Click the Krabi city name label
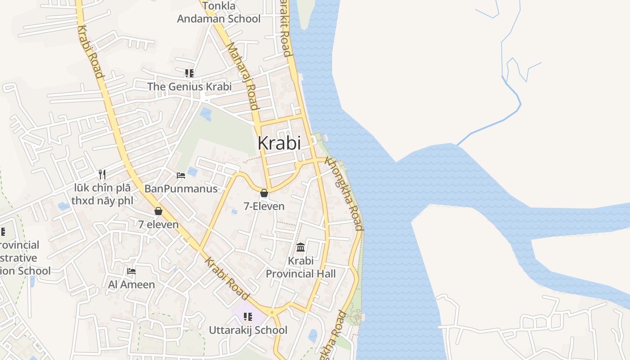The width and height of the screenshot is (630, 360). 279,143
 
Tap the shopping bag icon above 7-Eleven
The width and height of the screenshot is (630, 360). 264,193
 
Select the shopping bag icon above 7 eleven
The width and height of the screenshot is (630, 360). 158,211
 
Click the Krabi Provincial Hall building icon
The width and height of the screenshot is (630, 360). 301,247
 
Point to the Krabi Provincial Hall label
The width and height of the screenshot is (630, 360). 301,267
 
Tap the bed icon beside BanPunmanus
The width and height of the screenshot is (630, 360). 181,175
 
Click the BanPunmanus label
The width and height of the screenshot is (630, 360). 181,189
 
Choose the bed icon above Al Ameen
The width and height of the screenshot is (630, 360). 131,271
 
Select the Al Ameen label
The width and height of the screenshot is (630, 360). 131,284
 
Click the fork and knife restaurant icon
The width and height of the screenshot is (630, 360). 102,174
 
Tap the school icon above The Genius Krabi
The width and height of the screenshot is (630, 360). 189,73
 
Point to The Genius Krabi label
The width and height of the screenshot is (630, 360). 189,86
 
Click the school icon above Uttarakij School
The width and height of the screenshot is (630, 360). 247,317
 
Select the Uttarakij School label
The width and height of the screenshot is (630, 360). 248,330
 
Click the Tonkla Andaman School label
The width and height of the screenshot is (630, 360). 219,13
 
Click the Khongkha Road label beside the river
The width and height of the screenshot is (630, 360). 344,193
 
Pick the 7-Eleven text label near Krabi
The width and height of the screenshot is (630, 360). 264,206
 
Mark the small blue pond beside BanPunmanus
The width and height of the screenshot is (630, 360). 192,171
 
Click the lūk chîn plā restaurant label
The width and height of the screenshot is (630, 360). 102,194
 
